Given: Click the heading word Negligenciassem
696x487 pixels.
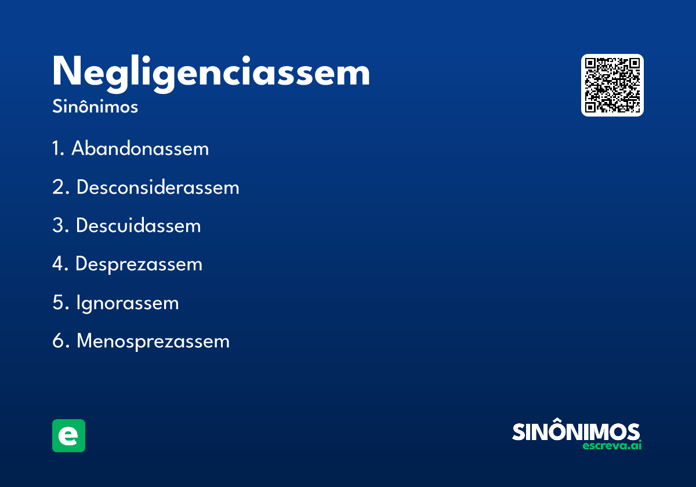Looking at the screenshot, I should (211, 73).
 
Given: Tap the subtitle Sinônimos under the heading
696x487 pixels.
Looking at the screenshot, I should (95, 107).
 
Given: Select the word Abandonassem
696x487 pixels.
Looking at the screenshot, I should (140, 149).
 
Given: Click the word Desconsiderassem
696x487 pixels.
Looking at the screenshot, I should (158, 187).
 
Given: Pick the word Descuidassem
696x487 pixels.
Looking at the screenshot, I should (138, 226).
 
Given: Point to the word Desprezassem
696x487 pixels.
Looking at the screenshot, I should (139, 264).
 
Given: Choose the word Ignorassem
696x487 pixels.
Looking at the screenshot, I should (127, 303).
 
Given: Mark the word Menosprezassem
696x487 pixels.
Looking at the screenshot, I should (153, 341).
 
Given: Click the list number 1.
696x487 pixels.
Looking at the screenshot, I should (57, 149).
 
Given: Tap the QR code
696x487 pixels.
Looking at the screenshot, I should (612, 85).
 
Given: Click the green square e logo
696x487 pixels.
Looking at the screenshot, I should (68, 435).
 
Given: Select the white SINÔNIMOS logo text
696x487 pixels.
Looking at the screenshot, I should (576, 431).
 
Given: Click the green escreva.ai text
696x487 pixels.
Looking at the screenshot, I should (612, 446).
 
